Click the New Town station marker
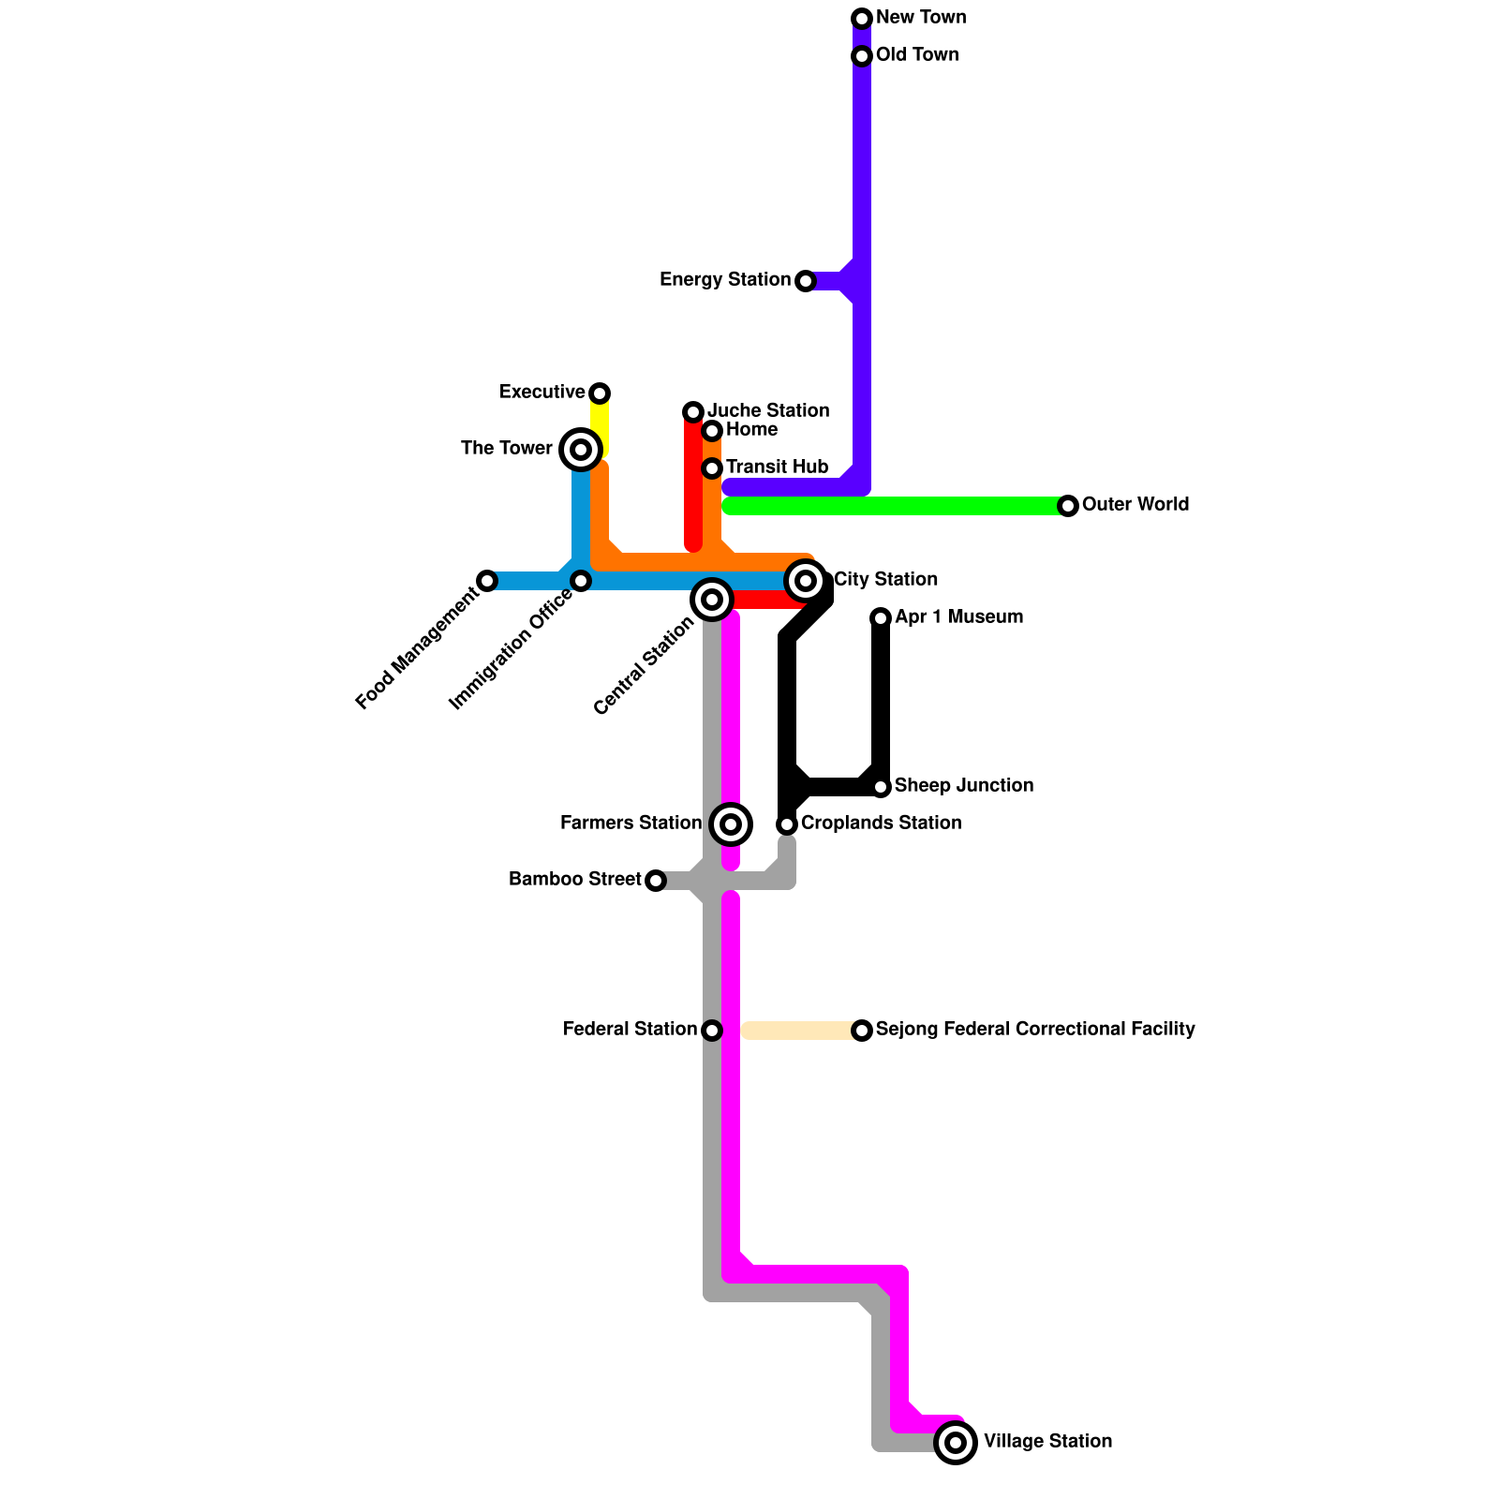pyautogui.click(x=862, y=19)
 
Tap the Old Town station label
pyautogui.click(x=916, y=55)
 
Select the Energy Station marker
pyautogui.click(x=806, y=281)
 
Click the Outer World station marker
pyautogui.click(x=1068, y=506)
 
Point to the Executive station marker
pyautogui.click(x=600, y=393)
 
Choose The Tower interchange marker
pyautogui.click(x=581, y=450)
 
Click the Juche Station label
pyautogui.click(x=767, y=411)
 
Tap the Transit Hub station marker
pyautogui.click(x=712, y=468)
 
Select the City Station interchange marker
pyautogui.click(x=806, y=581)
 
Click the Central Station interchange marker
pyautogui.click(x=712, y=600)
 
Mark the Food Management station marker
pyautogui.click(x=487, y=581)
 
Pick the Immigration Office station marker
pyautogui.click(x=581, y=581)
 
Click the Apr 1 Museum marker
pyautogui.click(x=881, y=618)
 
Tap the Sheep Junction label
pyautogui.click(x=963, y=786)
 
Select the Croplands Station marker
pyautogui.click(x=787, y=824)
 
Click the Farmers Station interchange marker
pyautogui.click(x=731, y=824)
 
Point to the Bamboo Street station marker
pyautogui.click(x=656, y=881)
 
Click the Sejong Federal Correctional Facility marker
pyautogui.click(x=862, y=1031)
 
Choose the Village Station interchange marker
pyautogui.click(x=956, y=1443)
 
